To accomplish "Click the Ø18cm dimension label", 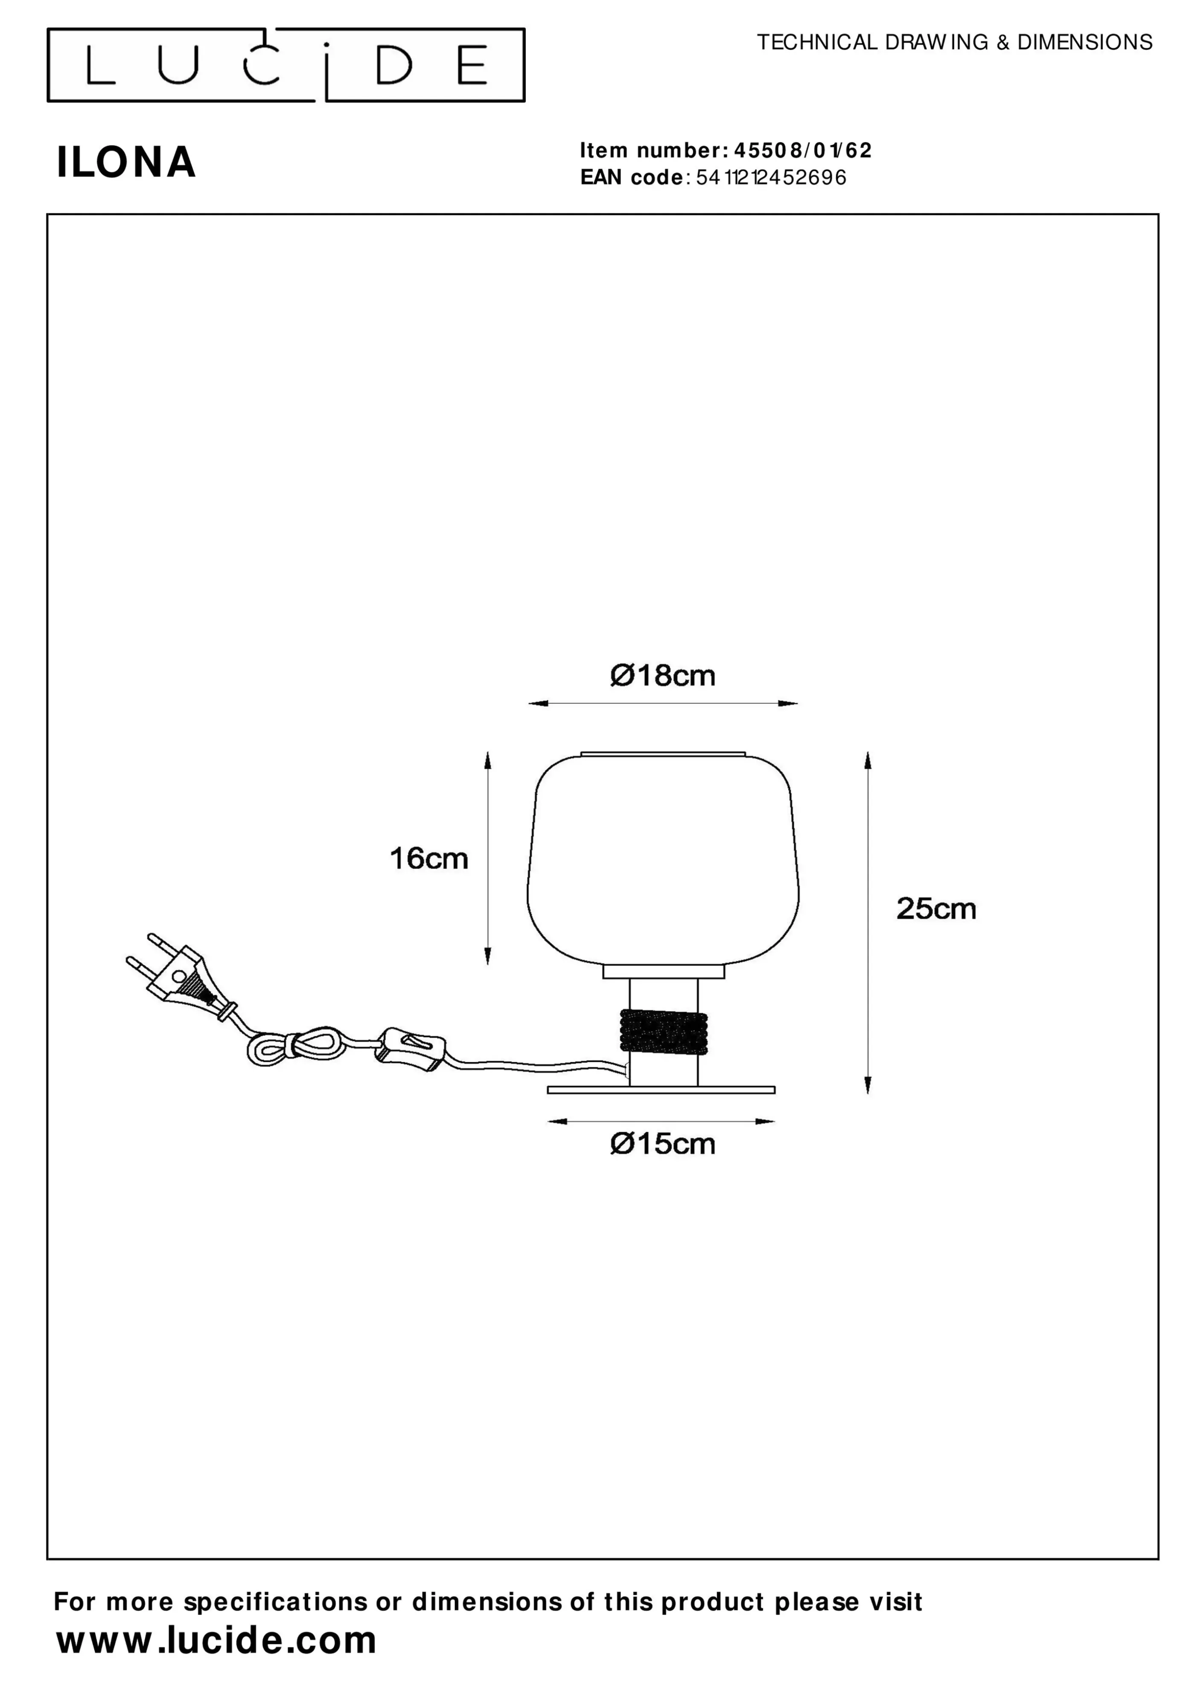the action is point(663,675).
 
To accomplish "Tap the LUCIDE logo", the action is point(286,65).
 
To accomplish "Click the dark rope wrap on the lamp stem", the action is point(663,1031).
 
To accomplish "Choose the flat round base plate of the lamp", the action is point(661,1090).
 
